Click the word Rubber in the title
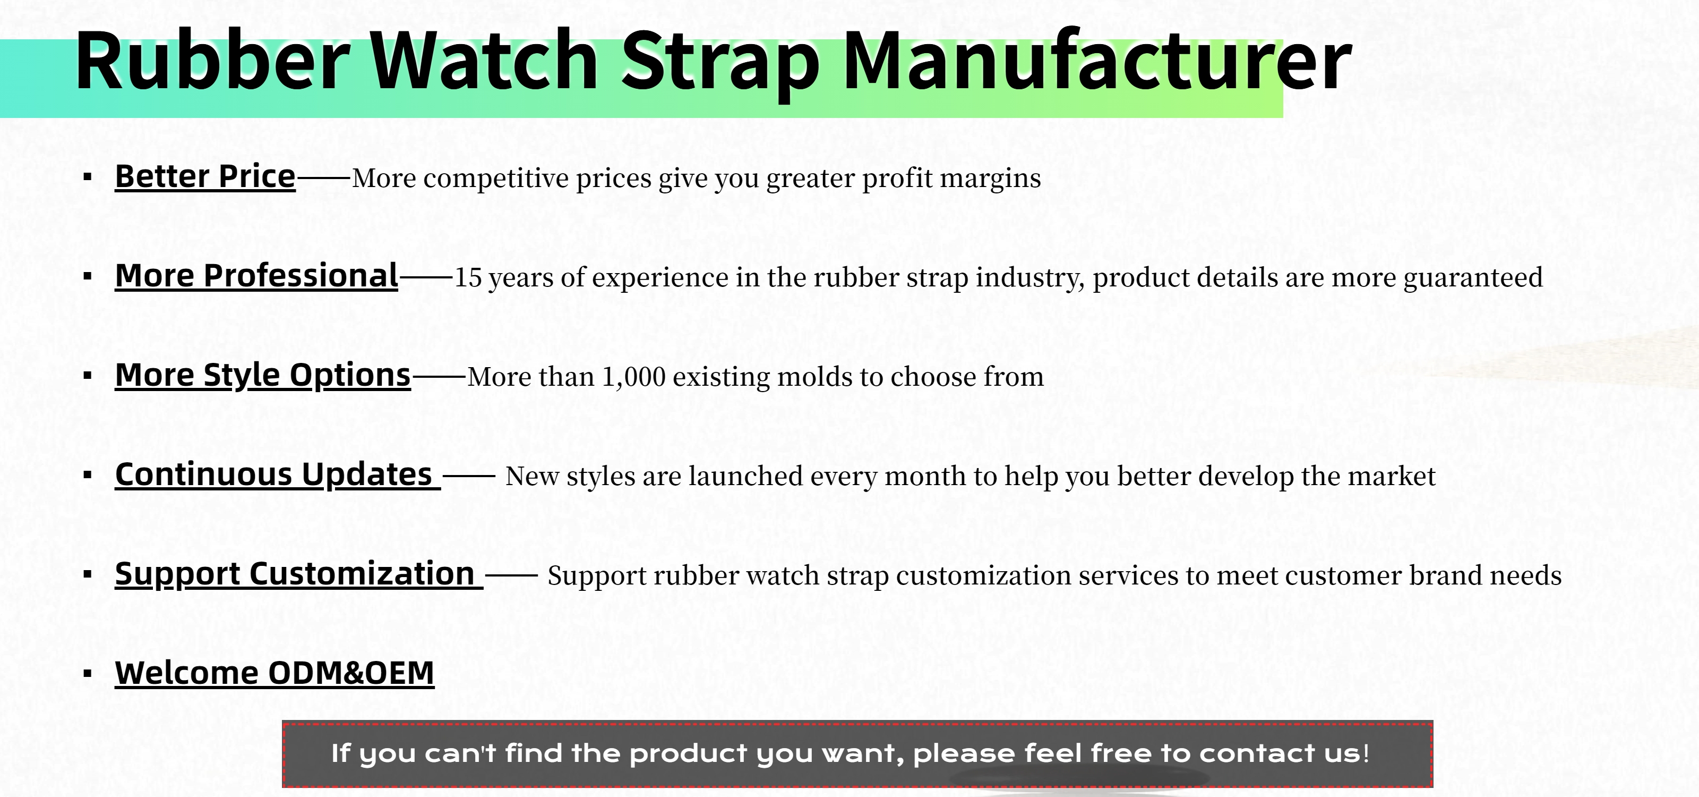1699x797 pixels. (212, 60)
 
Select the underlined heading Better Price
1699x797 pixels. (205, 177)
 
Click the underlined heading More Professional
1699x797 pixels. (256, 276)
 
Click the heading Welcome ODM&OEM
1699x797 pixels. (274, 673)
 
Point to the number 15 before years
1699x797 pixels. (468, 278)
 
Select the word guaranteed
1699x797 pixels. (1473, 278)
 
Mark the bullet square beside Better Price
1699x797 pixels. (88, 177)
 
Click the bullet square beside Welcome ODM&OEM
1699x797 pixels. (88, 674)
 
